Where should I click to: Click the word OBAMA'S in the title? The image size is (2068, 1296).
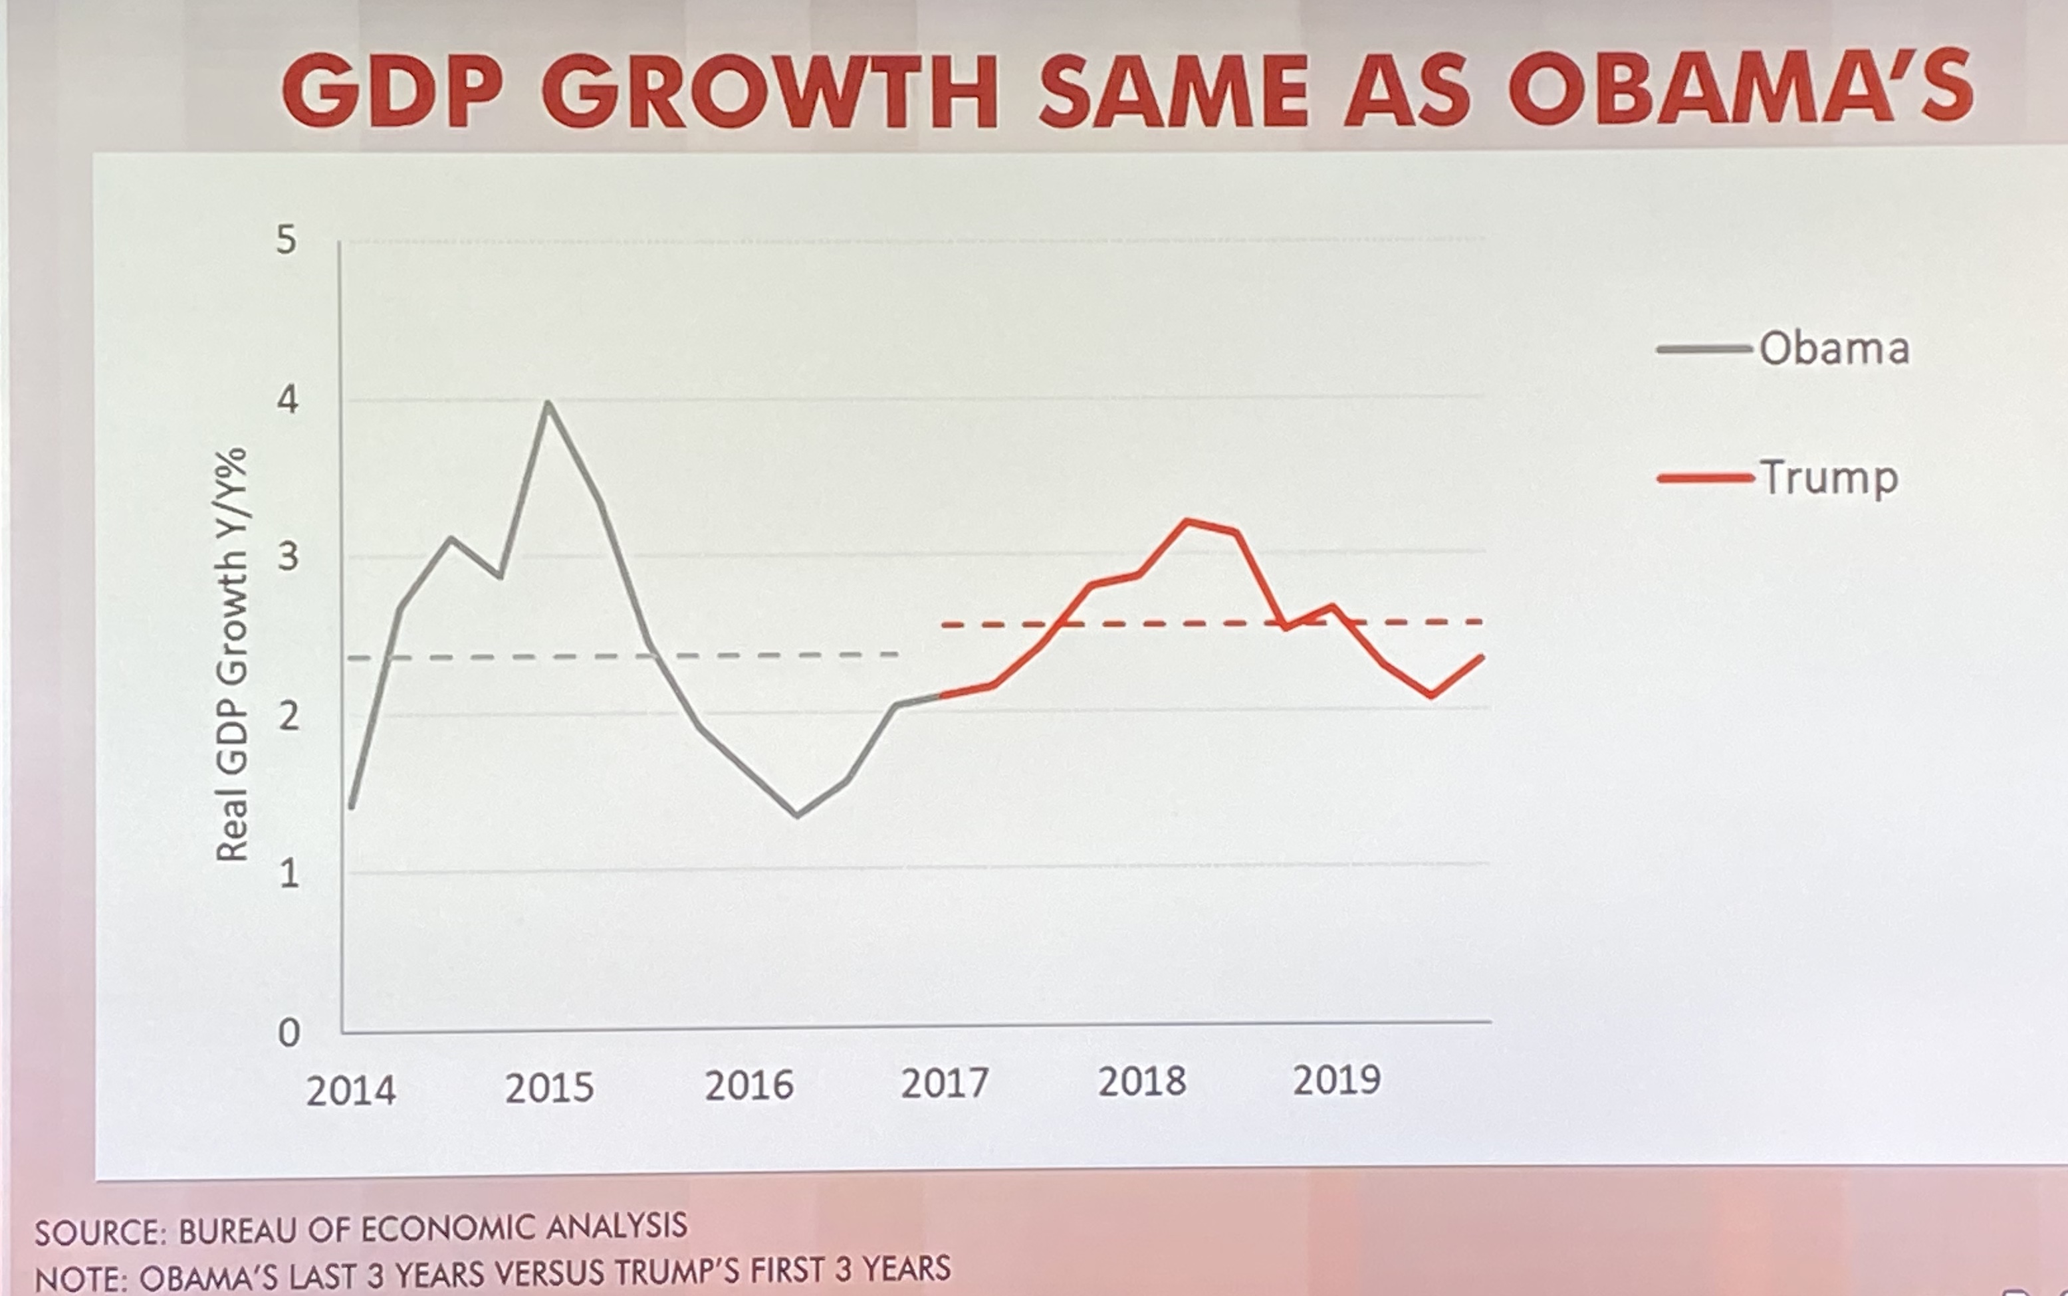pos(1740,88)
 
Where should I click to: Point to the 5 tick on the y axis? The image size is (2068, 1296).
pos(287,240)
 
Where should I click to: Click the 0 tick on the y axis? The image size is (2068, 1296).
pos(288,1033)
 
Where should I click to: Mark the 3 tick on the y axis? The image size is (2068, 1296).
pos(288,557)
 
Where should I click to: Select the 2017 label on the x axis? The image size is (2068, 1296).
pos(945,1084)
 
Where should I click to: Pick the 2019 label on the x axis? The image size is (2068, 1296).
pos(1336,1081)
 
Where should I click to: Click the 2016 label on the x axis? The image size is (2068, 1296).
pos(749,1086)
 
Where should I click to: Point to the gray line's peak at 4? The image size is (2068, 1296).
pos(548,403)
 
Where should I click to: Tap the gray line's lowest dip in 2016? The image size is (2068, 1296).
pos(797,815)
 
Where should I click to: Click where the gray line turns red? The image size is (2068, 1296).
pos(941,695)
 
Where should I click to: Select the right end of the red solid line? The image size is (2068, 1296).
pos(1482,657)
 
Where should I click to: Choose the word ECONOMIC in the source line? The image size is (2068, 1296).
pos(449,1229)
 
